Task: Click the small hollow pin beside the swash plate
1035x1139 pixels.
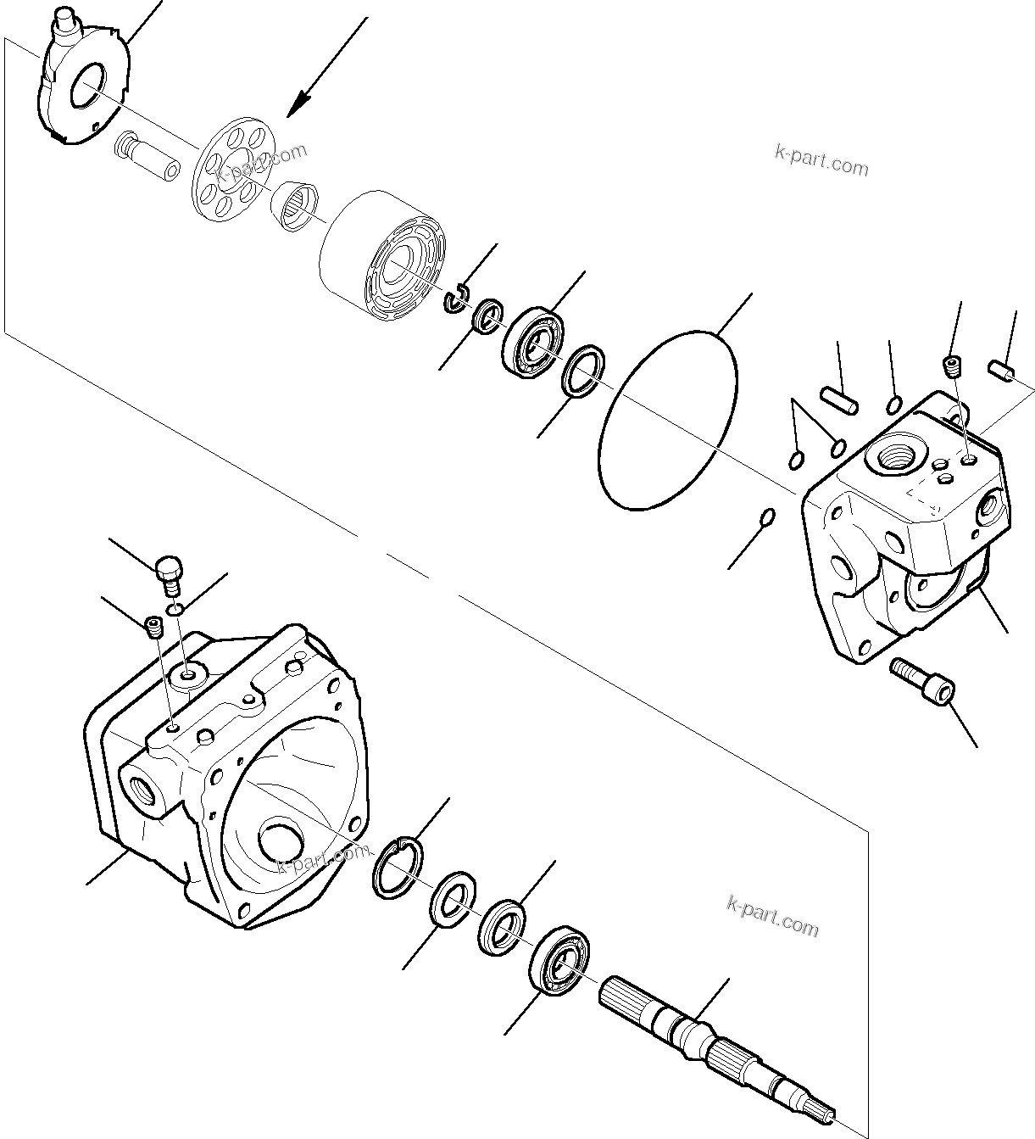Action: pyautogui.click(x=149, y=156)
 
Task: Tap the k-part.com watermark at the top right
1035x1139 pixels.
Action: pyautogui.click(x=821, y=160)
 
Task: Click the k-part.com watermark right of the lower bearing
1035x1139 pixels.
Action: pyautogui.click(x=773, y=916)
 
